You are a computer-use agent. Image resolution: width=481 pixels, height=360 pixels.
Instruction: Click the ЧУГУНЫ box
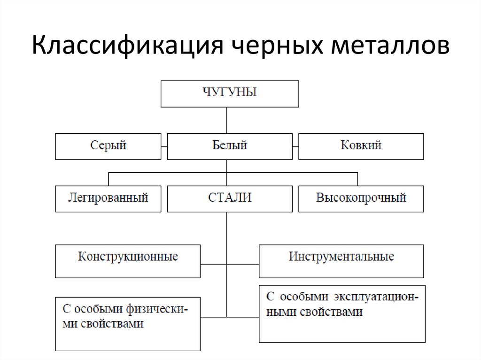pyautogui.click(x=230, y=93)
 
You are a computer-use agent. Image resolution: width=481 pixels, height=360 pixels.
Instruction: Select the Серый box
pyautogui.click(x=108, y=146)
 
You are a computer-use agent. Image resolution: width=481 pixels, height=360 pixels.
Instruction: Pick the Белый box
pyautogui.click(x=230, y=146)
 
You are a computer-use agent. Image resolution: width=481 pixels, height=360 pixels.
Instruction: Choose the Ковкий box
pyautogui.click(x=361, y=146)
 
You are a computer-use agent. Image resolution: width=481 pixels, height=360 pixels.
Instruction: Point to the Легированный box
pyautogui.click(x=108, y=199)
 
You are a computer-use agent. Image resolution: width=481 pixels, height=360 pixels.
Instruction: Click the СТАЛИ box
pyautogui.click(x=230, y=199)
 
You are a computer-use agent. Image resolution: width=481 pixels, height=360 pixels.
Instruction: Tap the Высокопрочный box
pyautogui.click(x=361, y=199)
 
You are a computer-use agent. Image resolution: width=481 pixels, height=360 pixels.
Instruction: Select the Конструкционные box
pyautogui.click(x=128, y=261)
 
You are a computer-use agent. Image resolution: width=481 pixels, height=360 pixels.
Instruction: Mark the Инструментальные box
pyautogui.click(x=341, y=261)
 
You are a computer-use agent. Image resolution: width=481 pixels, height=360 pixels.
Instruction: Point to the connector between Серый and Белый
pyautogui.click(x=164, y=146)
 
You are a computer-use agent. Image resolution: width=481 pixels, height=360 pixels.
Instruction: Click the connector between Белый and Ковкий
pyautogui.click(x=295, y=146)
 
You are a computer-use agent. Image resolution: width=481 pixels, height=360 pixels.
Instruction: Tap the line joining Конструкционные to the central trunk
pyautogui.click(x=213, y=265)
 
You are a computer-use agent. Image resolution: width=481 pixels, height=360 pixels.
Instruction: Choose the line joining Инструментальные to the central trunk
pyautogui.click(x=242, y=265)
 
